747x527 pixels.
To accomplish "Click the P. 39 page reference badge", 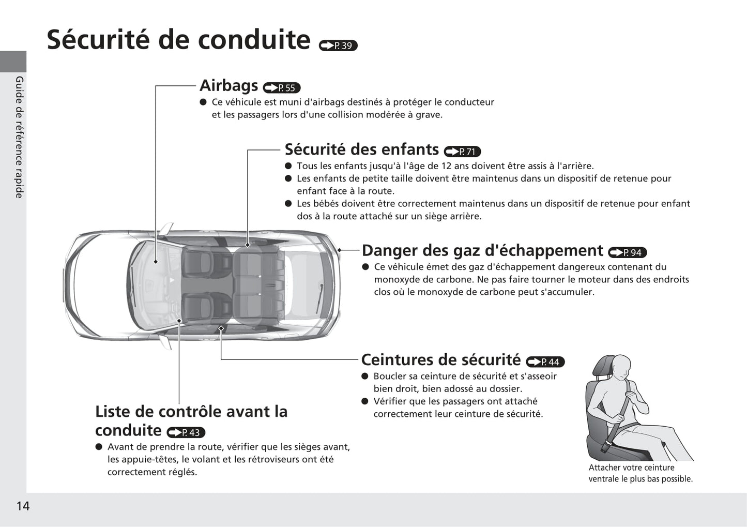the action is pyautogui.click(x=338, y=46).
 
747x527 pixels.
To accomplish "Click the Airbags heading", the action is pyautogui.click(x=229, y=85).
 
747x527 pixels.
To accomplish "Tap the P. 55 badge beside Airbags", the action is pyautogui.click(x=282, y=88).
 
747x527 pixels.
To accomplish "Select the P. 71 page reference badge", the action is pyautogui.click(x=462, y=152).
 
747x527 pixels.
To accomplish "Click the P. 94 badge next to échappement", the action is pyautogui.click(x=627, y=252).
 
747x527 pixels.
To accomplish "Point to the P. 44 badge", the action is pyautogui.click(x=545, y=362).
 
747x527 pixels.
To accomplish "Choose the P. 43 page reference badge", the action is pyautogui.click(x=186, y=432).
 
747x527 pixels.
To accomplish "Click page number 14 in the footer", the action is pyautogui.click(x=23, y=506).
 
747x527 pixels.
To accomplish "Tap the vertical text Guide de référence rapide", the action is pyautogui.click(x=19, y=137).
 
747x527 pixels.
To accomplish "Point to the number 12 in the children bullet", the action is pyautogui.click(x=447, y=166).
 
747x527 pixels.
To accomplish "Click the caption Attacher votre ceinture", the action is pyautogui.click(x=631, y=468).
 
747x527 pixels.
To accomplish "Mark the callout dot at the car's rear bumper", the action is pyautogui.click(x=339, y=250).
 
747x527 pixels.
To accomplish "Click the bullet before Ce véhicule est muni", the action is pyautogui.click(x=203, y=102).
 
